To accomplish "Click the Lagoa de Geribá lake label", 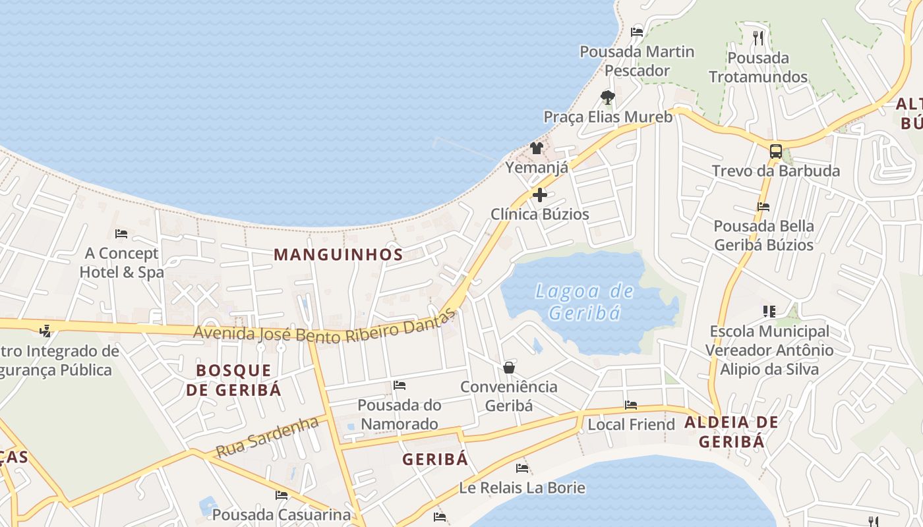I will pos(584,302).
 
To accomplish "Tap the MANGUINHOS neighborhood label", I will pos(338,254).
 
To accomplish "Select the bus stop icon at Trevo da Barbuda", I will pos(776,151).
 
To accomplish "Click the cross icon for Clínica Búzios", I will pos(540,194).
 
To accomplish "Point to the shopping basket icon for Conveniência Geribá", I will pos(508,367).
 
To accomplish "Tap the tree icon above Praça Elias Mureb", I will pos(608,97).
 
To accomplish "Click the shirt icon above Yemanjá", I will pos(537,148).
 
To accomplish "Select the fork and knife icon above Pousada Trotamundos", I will pos(758,38).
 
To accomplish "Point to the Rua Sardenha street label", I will pos(267,437).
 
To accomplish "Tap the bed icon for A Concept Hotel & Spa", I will pos(121,233).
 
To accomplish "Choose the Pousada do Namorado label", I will pos(400,414).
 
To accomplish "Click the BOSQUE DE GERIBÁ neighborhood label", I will pos(233,379).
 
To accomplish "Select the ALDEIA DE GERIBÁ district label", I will pos(731,431).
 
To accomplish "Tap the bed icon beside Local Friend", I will pos(631,405).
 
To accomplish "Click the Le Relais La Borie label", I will pos(522,488).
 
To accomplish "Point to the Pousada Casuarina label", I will pos(282,514).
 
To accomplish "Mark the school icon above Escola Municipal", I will pos(769,311).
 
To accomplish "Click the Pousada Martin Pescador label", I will pos(637,61).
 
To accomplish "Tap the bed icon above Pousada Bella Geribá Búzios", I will pos(763,206).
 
